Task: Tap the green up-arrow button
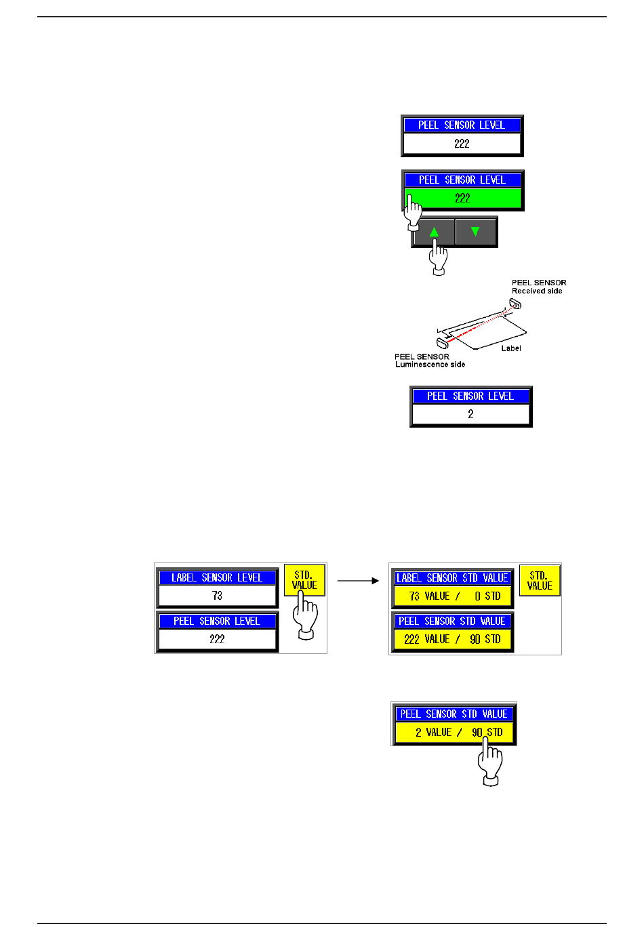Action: (434, 232)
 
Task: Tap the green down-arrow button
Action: (475, 232)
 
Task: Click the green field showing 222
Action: (462, 198)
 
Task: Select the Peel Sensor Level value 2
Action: (470, 414)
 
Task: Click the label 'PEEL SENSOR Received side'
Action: (539, 287)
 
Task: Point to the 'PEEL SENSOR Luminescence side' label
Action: (430, 361)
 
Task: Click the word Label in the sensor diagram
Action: (511, 348)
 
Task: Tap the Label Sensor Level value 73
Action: (217, 596)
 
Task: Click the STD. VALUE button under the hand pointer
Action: (304, 579)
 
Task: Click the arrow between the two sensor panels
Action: (358, 581)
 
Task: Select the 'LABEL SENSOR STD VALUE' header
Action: (453, 578)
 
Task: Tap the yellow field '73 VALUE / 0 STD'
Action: (453, 596)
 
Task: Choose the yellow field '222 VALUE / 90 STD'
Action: (453, 639)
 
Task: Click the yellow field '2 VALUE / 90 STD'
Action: (454, 732)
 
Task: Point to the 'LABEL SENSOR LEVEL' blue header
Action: (217, 577)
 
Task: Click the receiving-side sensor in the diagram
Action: (515, 303)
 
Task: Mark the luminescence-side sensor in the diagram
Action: (443, 343)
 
